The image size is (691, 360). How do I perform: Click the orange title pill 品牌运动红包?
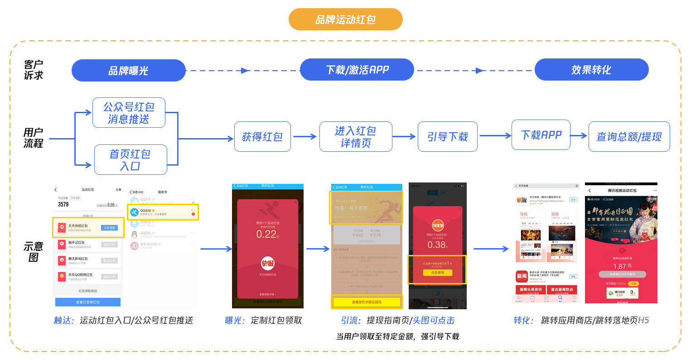[345, 19]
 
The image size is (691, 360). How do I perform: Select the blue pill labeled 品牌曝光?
[129, 71]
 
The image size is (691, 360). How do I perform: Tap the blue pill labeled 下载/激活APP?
[357, 70]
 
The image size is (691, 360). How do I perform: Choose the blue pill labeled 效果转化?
[591, 70]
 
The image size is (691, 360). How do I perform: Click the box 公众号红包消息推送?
[129, 113]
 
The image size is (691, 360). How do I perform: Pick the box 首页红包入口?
[130, 160]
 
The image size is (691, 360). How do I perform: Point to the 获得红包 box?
[262, 137]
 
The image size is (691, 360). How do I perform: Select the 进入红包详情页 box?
[356, 137]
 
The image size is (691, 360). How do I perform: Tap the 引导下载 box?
[448, 137]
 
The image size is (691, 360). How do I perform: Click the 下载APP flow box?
[541, 135]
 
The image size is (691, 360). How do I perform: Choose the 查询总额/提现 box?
[629, 137]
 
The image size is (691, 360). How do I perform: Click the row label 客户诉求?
[33, 70]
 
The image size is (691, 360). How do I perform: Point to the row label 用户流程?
[33, 138]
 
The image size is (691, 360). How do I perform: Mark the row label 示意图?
[33, 252]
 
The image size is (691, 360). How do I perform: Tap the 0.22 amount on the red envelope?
[266, 234]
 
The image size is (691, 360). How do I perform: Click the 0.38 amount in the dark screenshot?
[437, 245]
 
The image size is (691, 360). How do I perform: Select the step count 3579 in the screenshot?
[63, 205]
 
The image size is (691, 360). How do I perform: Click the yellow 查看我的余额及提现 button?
[367, 302]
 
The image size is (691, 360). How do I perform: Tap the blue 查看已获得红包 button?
[88, 302]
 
